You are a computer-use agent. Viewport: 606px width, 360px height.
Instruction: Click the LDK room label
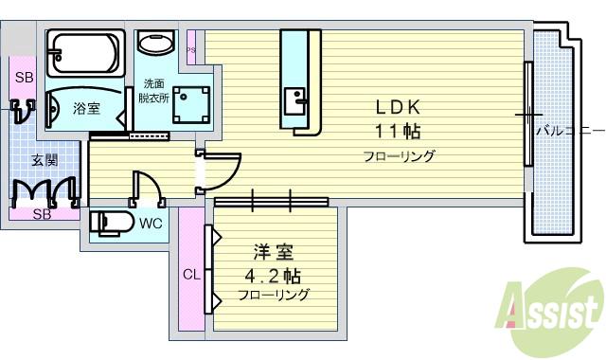pyautogui.click(x=396, y=106)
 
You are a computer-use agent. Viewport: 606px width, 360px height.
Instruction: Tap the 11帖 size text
pyautogui.click(x=396, y=130)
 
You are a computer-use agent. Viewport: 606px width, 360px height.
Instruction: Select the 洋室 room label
pyautogui.click(x=273, y=253)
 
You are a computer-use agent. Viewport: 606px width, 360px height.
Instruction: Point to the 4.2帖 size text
pyautogui.click(x=273, y=276)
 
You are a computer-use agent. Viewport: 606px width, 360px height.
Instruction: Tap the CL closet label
pyautogui.click(x=191, y=276)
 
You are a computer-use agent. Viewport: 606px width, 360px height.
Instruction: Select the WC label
pyautogui.click(x=150, y=225)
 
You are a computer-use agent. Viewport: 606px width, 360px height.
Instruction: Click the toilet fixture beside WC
pyautogui.click(x=111, y=224)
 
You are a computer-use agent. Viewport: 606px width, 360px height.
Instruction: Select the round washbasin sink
pyautogui.click(x=156, y=44)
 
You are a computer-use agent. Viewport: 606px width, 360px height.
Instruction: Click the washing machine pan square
pyautogui.click(x=192, y=104)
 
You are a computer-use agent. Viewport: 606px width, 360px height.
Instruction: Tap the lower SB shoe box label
pyautogui.click(x=43, y=213)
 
